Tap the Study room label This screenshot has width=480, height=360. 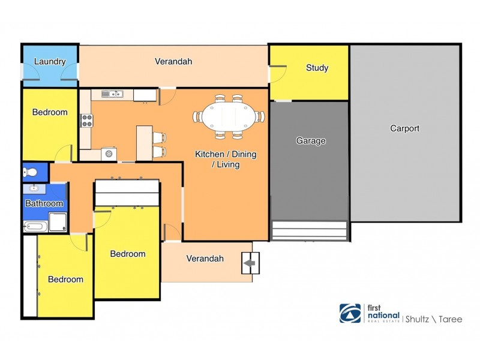pyautogui.click(x=317, y=68)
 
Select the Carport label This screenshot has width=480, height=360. pyautogui.click(x=404, y=128)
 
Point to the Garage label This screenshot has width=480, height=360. pyautogui.click(x=311, y=141)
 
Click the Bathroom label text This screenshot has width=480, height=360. pyautogui.click(x=44, y=203)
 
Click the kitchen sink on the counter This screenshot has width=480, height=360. pyautogui.click(x=112, y=94)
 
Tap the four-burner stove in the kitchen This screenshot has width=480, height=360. pyautogui.click(x=87, y=120)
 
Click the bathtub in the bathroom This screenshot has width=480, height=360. pyautogui.click(x=35, y=226)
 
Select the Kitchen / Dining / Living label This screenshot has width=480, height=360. pyautogui.click(x=226, y=159)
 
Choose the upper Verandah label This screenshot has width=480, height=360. pyautogui.click(x=173, y=61)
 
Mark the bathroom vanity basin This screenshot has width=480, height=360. pyautogui.click(x=34, y=188)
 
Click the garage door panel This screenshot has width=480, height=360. pyautogui.click(x=310, y=230)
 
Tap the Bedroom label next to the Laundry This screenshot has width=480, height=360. pyautogui.click(x=50, y=112)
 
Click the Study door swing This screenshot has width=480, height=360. pyautogui.click(x=277, y=74)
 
